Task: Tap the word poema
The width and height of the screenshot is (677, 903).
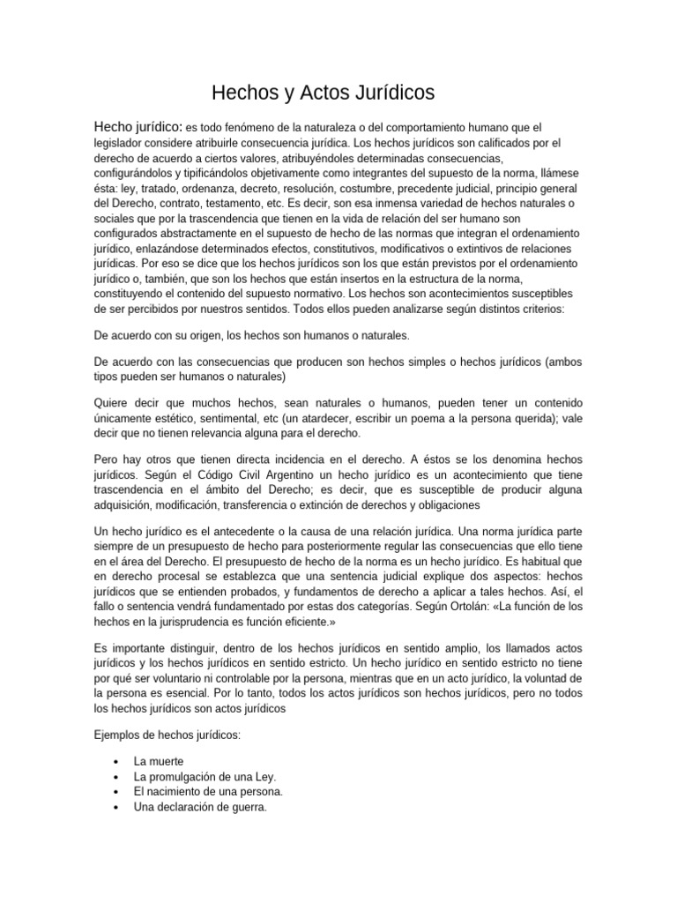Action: (474, 419)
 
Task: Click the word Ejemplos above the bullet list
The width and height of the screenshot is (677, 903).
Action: (121, 735)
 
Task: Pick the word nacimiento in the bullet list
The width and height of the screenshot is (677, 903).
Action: (180, 792)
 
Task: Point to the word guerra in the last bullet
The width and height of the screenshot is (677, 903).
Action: (242, 807)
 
